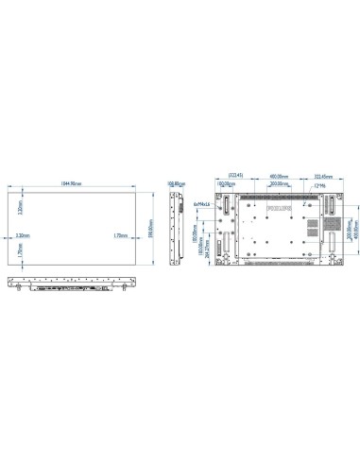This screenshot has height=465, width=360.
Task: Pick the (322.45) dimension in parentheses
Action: point(233,175)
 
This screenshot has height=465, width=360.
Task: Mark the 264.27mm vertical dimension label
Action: point(207,254)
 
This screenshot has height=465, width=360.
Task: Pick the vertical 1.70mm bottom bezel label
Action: point(21,253)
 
